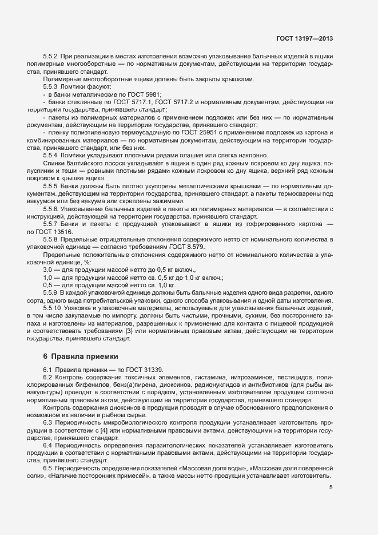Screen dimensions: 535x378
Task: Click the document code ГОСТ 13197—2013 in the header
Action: tap(304, 39)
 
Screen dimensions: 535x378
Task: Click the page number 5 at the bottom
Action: tap(331, 488)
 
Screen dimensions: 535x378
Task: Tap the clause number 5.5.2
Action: tap(52, 57)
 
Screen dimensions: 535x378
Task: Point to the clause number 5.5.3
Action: tap(52, 86)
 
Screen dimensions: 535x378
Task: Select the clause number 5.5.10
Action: tap(54, 308)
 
